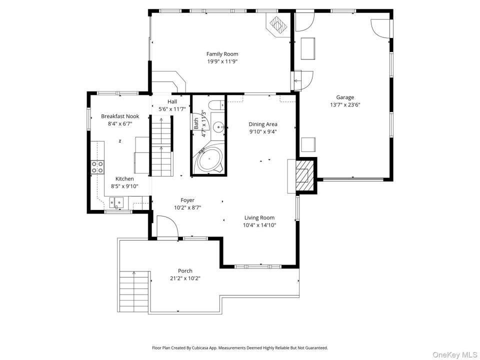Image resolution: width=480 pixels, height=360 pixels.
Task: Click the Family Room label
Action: (x=222, y=54)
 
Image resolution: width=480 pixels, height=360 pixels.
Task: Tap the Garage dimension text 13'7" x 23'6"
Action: (x=345, y=105)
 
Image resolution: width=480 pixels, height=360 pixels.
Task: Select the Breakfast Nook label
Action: (x=120, y=116)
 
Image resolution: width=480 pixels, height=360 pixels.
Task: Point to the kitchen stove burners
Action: (x=97, y=167)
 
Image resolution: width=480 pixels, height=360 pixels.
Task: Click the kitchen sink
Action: (x=116, y=202)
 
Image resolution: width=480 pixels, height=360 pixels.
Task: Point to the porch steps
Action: (x=134, y=291)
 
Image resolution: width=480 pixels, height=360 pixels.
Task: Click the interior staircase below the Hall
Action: (x=161, y=145)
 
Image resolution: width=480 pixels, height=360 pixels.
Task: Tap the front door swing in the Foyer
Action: (x=167, y=226)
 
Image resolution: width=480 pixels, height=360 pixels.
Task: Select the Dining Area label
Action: (x=263, y=124)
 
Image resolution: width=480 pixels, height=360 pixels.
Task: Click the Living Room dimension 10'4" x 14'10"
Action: (x=259, y=225)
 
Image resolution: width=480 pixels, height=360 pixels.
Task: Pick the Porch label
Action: (x=185, y=271)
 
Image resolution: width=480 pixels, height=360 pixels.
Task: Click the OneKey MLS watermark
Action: (x=454, y=355)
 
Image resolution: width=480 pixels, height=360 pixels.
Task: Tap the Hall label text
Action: (x=172, y=101)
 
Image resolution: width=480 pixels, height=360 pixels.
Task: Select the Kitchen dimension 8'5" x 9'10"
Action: (x=124, y=186)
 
